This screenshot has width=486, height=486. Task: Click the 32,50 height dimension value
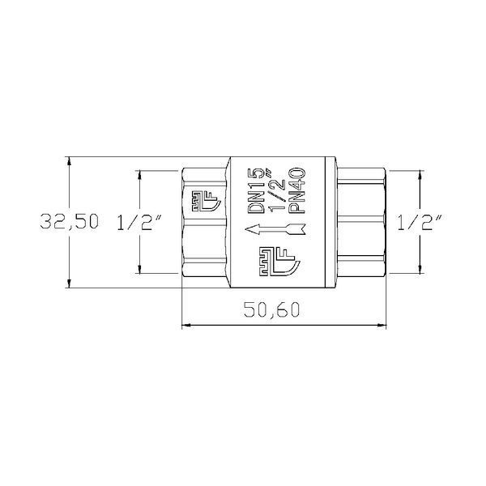click(70, 222)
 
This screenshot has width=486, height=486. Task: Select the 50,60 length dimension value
click(272, 309)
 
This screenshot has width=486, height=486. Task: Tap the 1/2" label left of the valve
click(139, 222)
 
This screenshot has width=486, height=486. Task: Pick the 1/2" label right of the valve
click(420, 222)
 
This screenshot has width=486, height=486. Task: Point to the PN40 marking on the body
click(297, 190)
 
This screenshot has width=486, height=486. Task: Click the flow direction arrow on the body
click(275, 230)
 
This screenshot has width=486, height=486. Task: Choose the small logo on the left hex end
click(206, 201)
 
